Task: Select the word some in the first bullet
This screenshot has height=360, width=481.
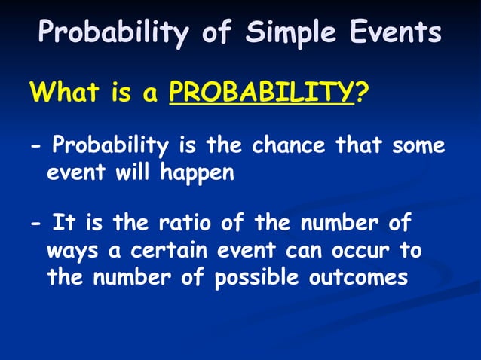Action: [418, 145]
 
